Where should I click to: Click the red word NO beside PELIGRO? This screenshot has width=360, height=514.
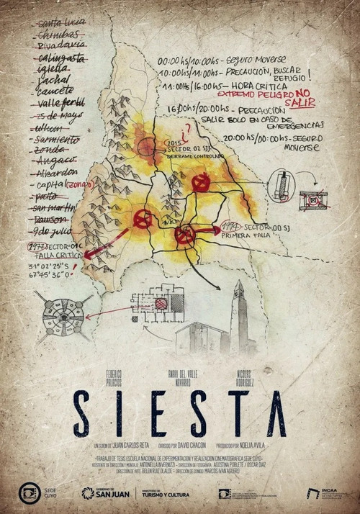tap(302, 92)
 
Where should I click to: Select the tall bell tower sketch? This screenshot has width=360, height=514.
tap(238, 317)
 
